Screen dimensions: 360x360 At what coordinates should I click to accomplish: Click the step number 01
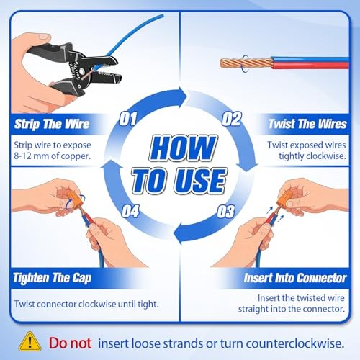click(128, 119)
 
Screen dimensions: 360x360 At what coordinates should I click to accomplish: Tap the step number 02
click(231, 119)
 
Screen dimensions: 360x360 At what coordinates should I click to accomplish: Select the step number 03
click(225, 212)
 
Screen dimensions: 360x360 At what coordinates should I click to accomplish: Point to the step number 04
click(130, 211)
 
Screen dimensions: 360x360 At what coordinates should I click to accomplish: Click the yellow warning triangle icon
click(30, 341)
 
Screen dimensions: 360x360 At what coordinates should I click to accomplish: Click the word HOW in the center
click(183, 148)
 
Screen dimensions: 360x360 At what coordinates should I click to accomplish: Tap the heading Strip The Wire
click(52, 124)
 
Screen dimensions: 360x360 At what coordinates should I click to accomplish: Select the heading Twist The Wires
click(307, 124)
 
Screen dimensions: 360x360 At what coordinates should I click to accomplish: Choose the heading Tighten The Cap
click(52, 278)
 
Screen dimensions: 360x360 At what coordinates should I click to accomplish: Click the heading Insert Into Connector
click(295, 278)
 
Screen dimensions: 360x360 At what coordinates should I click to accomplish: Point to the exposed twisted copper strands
click(247, 63)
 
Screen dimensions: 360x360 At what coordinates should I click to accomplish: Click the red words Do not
click(70, 343)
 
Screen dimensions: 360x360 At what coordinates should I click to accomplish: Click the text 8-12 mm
click(31, 156)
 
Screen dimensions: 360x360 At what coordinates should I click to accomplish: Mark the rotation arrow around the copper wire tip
click(243, 63)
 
